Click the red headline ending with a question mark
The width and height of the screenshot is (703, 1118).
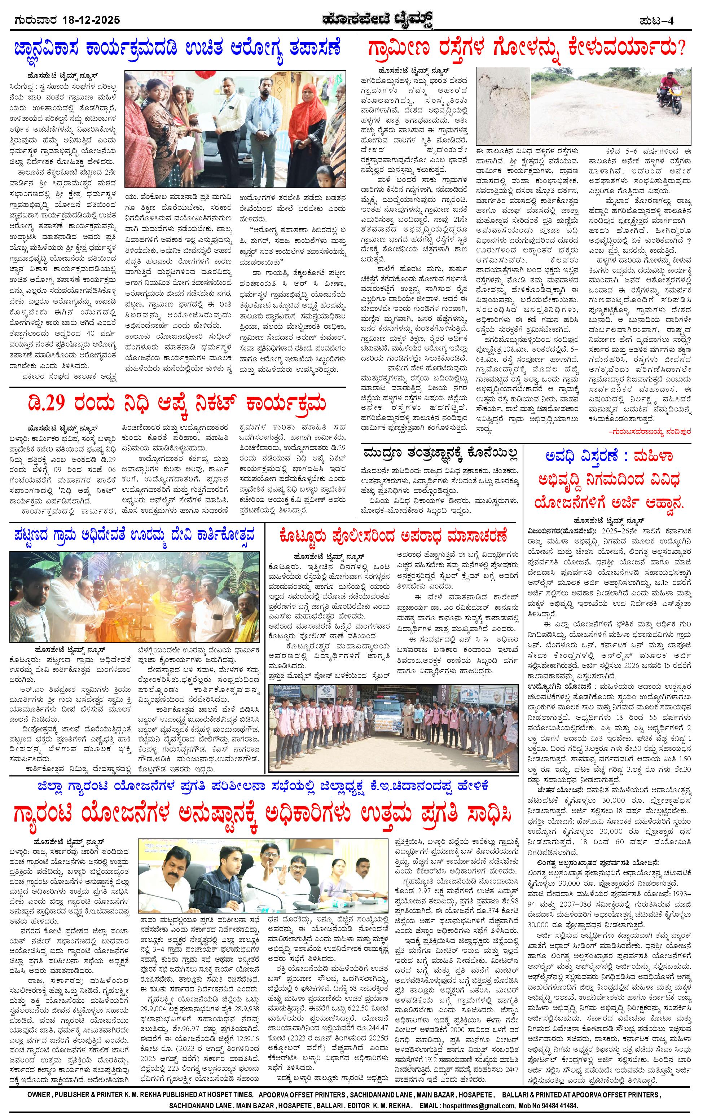(527, 49)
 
